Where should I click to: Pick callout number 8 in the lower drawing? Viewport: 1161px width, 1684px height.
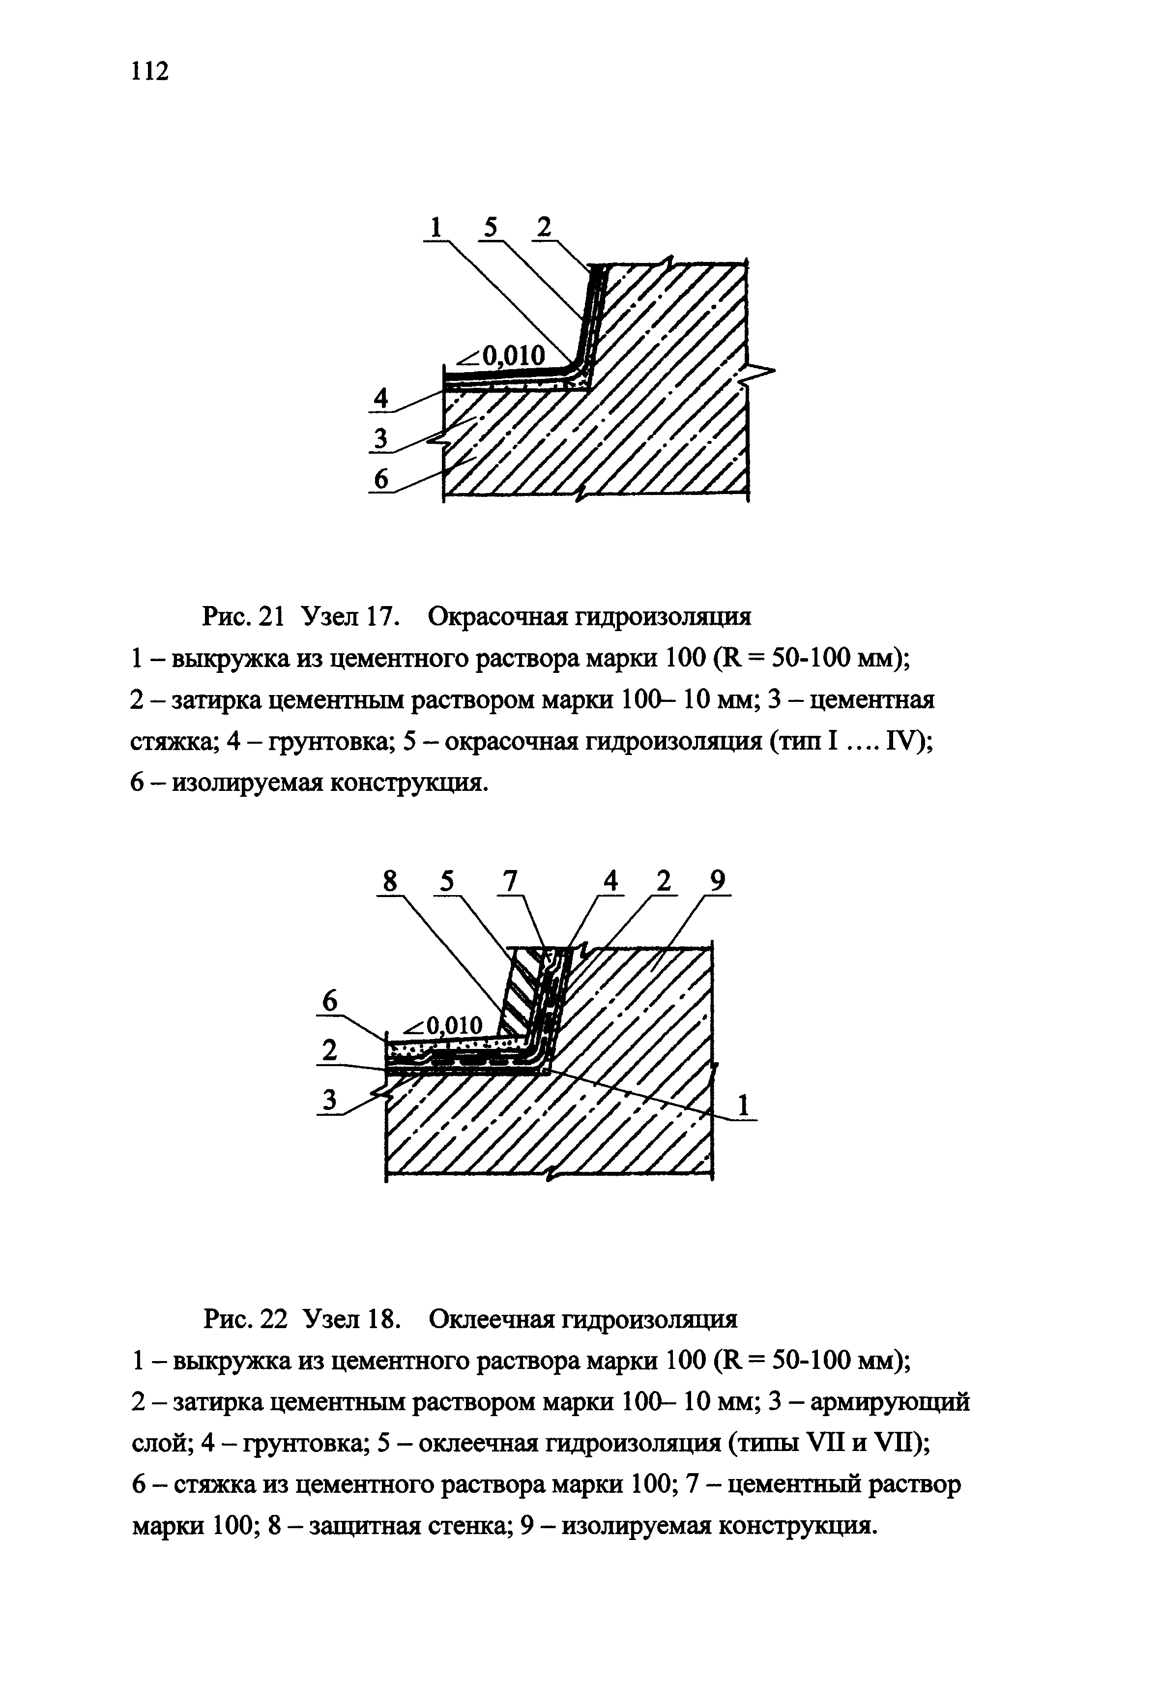(x=391, y=882)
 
